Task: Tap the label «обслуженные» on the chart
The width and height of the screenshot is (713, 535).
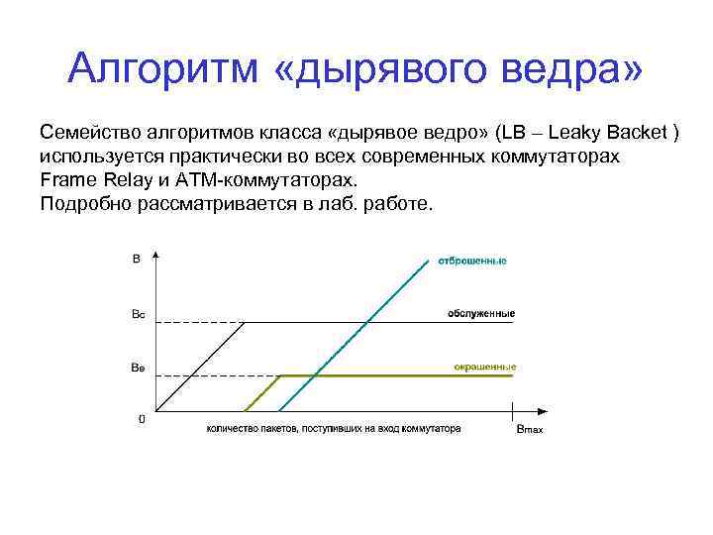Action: click(x=480, y=313)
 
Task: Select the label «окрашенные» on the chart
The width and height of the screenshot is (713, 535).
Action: click(x=485, y=368)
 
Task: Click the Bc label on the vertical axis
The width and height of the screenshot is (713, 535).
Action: click(x=138, y=315)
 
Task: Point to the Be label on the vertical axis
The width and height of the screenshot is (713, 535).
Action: click(x=138, y=368)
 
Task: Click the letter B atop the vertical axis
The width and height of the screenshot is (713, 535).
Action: click(x=136, y=261)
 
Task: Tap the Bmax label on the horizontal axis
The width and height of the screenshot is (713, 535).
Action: click(x=529, y=430)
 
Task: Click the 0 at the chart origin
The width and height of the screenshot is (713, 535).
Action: click(x=142, y=419)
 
